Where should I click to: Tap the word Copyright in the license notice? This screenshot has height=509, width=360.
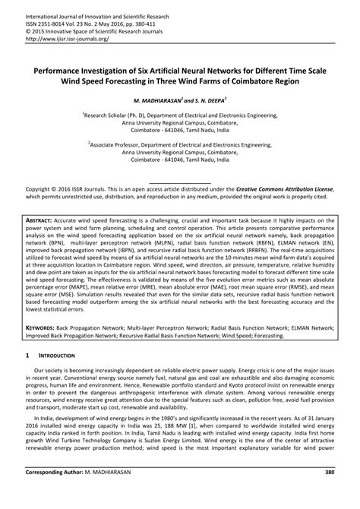pos(43,187)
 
